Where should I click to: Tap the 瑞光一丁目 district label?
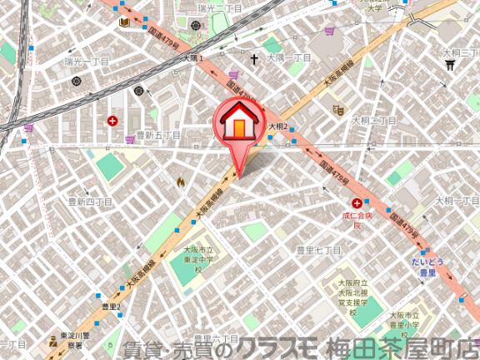click(x=87, y=62)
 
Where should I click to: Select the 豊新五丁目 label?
click(x=158, y=135)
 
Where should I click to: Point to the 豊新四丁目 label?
click(x=89, y=202)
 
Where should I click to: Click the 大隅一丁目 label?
click(x=288, y=58)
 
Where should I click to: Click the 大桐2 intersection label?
click(x=277, y=127)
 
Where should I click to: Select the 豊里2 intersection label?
click(x=112, y=307)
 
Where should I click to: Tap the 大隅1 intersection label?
click(x=193, y=58)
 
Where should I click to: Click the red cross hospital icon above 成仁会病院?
click(x=357, y=203)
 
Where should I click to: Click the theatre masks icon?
click(x=338, y=108)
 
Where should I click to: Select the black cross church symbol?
click(x=254, y=59)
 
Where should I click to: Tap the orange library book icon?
click(x=124, y=22)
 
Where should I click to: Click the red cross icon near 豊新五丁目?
click(x=112, y=121)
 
